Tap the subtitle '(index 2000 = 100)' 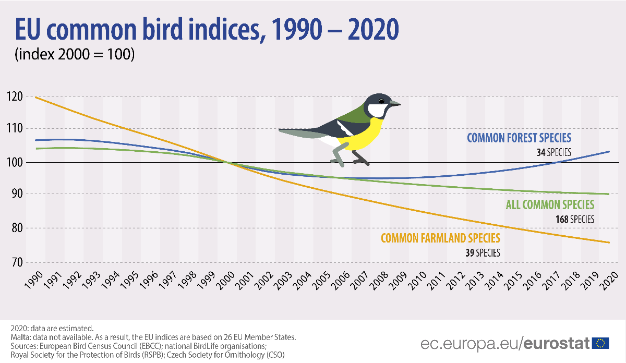click(x=75, y=54)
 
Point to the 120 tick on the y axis click(x=14, y=96)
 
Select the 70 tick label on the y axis click(x=15, y=262)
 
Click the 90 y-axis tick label click(x=15, y=194)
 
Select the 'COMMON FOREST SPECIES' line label click(x=519, y=138)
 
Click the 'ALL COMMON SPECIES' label click(x=550, y=205)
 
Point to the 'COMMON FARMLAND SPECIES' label click(x=441, y=238)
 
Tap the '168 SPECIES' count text click(x=575, y=220)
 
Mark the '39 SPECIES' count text click(x=483, y=253)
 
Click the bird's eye click(x=381, y=101)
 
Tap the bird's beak click(x=395, y=104)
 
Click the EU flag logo click(x=601, y=343)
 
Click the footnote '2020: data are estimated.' click(x=52, y=328)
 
